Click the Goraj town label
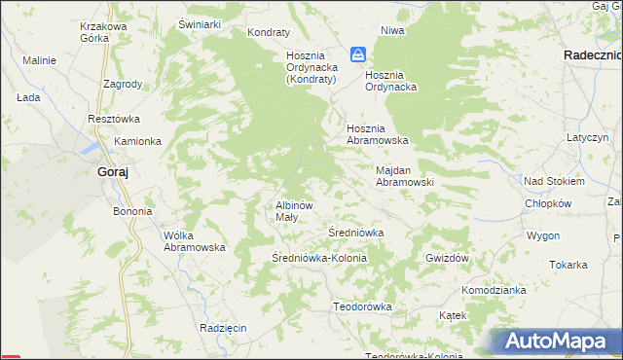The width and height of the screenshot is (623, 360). point(113,172)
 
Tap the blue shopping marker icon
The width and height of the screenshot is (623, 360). point(358,55)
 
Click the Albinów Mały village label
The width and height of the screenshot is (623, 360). point(293,211)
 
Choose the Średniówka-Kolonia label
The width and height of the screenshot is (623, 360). point(318,258)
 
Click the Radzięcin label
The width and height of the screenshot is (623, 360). point(223,328)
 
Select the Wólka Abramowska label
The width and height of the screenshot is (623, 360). point(195,240)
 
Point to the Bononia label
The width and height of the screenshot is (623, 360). point(132,211)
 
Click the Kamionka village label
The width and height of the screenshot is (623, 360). point(137,141)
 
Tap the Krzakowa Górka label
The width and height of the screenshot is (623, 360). point(104,33)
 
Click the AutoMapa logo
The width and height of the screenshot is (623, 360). point(559,342)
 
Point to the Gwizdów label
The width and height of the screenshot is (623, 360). point(448,258)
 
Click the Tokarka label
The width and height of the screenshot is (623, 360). point(568,265)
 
